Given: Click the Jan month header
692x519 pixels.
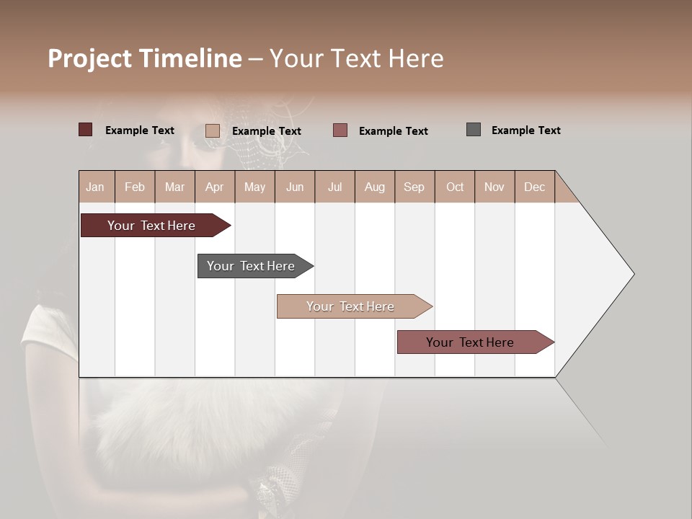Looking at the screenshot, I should click(x=96, y=187).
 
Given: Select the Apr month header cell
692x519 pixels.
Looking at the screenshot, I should click(x=215, y=187).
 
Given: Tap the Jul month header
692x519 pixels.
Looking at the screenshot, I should click(x=334, y=187).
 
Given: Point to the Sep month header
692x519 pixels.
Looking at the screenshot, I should click(x=414, y=187).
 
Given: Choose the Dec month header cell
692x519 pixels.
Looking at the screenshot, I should click(x=534, y=187).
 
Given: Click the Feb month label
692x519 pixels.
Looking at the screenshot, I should click(x=135, y=187).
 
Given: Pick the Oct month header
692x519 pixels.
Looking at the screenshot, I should click(x=454, y=187).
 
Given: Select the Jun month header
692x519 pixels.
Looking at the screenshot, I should click(x=295, y=187).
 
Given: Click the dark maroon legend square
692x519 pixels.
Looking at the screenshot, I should click(x=85, y=130).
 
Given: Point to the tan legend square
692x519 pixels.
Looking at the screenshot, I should click(x=212, y=130).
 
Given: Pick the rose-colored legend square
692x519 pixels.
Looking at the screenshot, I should click(x=340, y=130).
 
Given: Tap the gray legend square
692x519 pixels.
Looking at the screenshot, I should click(x=473, y=130).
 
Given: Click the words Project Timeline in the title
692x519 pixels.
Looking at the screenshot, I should click(x=144, y=58).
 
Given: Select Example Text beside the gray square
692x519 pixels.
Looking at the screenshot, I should click(x=525, y=130).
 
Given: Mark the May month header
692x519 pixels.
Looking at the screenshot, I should click(x=254, y=187).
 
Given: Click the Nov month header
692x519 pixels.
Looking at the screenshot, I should click(x=494, y=187).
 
